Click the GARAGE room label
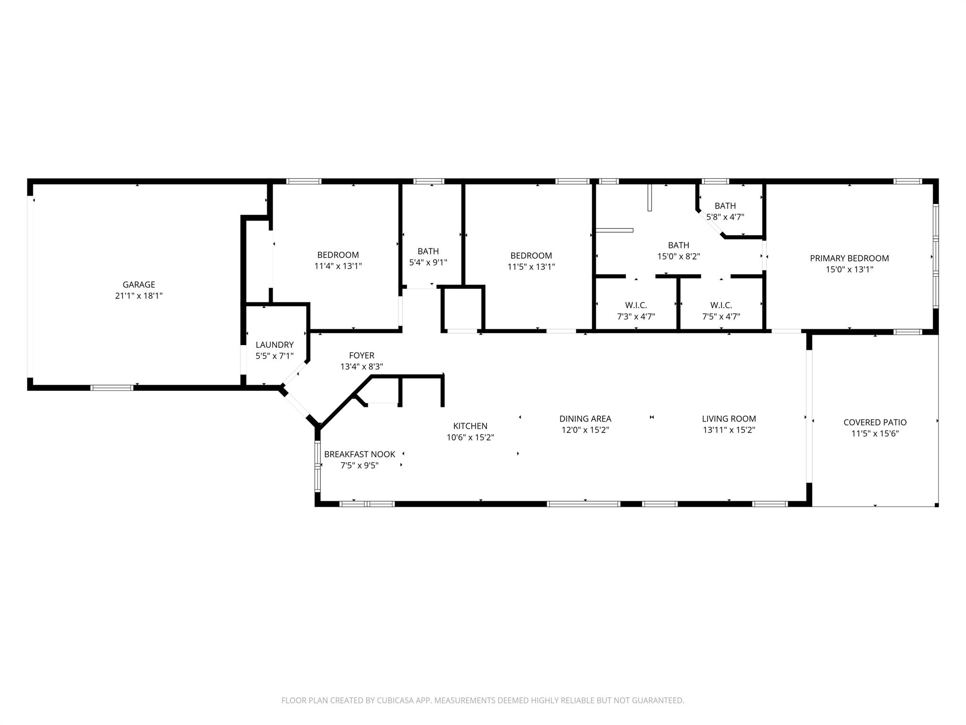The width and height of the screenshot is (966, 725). tap(139, 285)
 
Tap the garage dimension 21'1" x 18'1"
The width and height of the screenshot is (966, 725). tap(139, 296)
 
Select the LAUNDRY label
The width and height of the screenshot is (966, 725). tap(275, 345)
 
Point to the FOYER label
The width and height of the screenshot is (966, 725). tap(361, 355)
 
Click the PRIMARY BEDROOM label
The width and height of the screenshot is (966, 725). tap(849, 258)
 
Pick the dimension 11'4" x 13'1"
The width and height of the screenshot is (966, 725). tap(338, 266)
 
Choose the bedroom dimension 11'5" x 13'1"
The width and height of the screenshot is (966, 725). tap(531, 267)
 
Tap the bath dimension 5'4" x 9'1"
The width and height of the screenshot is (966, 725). tap(428, 262)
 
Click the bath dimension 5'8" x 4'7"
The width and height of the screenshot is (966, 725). tap(725, 217)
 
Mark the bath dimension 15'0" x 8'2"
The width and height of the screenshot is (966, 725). tap(678, 257)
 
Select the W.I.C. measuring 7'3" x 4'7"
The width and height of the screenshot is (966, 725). tap(636, 311)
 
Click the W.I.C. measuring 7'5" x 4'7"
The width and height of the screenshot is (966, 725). tap(721, 311)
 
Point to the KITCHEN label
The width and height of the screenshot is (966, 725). tap(470, 426)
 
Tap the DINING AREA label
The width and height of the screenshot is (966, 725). tap(585, 419)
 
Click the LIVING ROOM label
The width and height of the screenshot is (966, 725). tap(729, 419)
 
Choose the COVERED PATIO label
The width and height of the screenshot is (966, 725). tap(875, 422)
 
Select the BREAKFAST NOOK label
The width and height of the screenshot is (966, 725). tap(359, 455)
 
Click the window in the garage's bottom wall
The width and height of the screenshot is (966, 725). tap(112, 388)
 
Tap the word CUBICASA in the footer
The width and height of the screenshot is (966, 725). tap(394, 700)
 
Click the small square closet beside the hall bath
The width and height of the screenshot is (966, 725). tap(463, 308)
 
